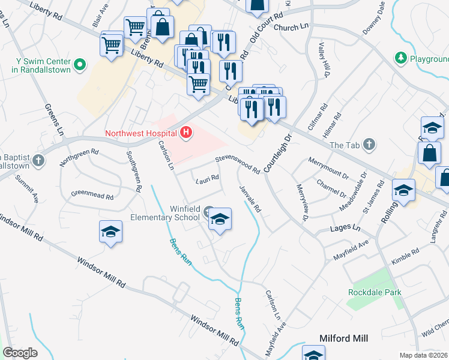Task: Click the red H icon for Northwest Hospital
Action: (187, 133)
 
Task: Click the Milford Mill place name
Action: (345, 338)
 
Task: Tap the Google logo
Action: (20, 353)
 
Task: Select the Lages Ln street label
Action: (345, 229)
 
